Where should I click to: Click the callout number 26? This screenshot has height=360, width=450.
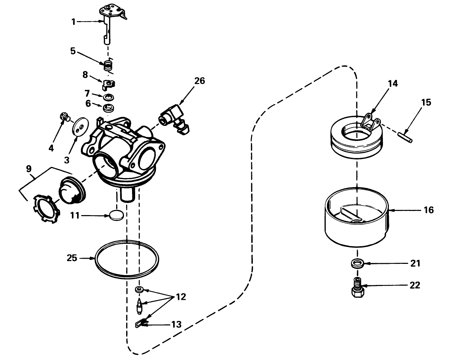199,81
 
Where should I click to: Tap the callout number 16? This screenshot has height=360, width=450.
428,210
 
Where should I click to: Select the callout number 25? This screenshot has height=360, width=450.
72,258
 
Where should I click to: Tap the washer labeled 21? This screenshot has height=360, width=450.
357,264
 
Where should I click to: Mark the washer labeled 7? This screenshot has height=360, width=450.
108,96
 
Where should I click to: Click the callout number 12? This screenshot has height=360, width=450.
180,297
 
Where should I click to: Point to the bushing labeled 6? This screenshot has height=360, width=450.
109,107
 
